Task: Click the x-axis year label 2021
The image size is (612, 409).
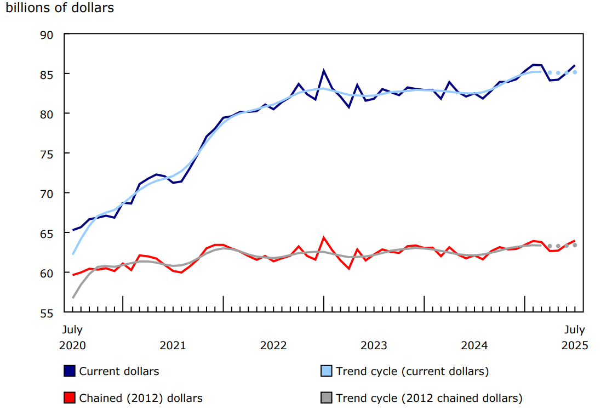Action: tap(173, 345)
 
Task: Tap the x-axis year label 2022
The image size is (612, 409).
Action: tap(273, 345)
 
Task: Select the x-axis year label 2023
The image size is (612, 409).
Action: tap(374, 345)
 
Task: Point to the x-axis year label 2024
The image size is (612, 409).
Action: tap(474, 345)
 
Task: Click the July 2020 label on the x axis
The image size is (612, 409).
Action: tap(72, 337)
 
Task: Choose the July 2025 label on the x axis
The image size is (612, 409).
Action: tap(575, 337)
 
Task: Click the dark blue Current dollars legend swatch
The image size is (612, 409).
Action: tap(70, 371)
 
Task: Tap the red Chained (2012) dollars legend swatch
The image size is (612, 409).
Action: tap(70, 397)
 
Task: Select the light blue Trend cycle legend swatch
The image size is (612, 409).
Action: tap(326, 371)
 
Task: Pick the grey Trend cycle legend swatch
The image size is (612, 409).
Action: tap(326, 397)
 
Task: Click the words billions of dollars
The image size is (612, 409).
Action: tap(60, 9)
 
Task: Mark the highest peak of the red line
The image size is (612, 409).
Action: tap(324, 237)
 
